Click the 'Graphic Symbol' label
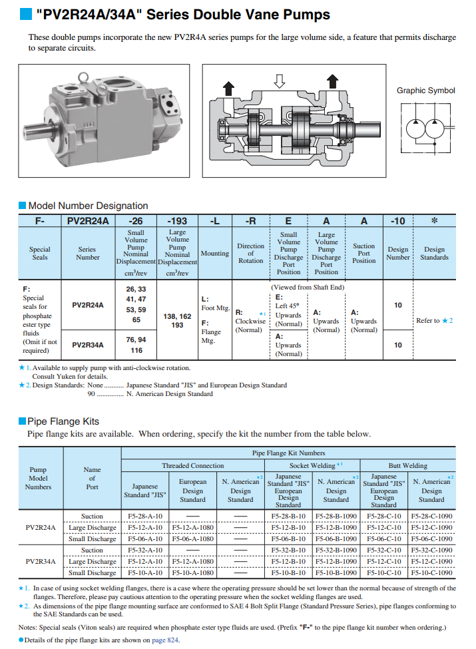click(426, 91)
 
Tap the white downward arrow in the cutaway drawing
click(280, 81)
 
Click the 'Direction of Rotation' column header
click(250, 253)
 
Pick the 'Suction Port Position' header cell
click(363, 253)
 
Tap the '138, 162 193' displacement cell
click(177, 321)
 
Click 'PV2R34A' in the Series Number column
click(87, 345)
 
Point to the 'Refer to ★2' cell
click(434, 321)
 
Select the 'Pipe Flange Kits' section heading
click(63, 421)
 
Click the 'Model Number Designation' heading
click(88, 206)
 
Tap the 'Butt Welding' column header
click(407, 466)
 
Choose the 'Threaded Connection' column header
click(193, 466)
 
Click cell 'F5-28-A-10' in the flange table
click(144, 517)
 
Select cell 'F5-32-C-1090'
click(431, 550)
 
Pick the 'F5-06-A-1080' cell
click(192, 539)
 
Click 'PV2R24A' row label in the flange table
click(41, 528)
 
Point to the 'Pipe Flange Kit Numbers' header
click(288, 453)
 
